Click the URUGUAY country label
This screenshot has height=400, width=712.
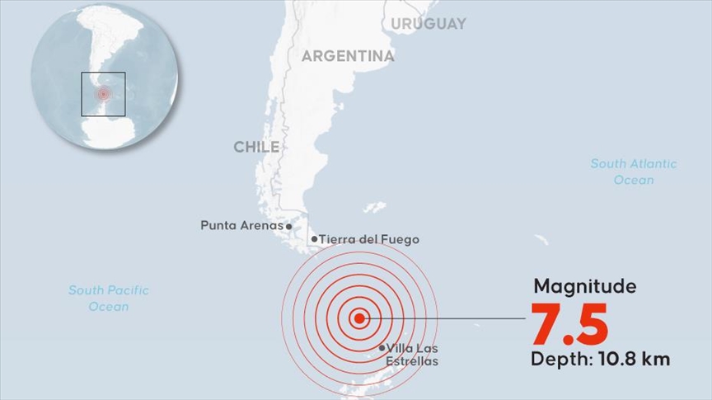(428, 24)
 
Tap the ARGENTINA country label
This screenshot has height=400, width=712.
(347, 56)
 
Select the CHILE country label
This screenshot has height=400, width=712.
(255, 147)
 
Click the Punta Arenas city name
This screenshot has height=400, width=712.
(241, 224)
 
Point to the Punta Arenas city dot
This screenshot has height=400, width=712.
(288, 225)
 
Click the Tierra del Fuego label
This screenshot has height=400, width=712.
(368, 239)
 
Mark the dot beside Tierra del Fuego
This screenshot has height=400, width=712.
(314, 239)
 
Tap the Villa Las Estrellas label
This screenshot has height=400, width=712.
(411, 355)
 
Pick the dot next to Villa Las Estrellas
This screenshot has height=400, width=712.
(382, 348)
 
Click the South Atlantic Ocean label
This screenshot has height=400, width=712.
(633, 172)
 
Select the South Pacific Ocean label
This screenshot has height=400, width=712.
(108, 298)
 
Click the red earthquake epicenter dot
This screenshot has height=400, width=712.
(358, 318)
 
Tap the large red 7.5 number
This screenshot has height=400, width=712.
(569, 324)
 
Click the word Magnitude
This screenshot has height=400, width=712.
(584, 286)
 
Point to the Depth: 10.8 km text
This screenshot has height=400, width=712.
(599, 360)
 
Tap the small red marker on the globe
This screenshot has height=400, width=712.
(103, 94)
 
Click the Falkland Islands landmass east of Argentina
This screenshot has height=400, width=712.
(375, 206)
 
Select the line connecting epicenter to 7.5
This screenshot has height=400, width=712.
(445, 318)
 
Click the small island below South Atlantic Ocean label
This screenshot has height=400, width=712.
(541, 240)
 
